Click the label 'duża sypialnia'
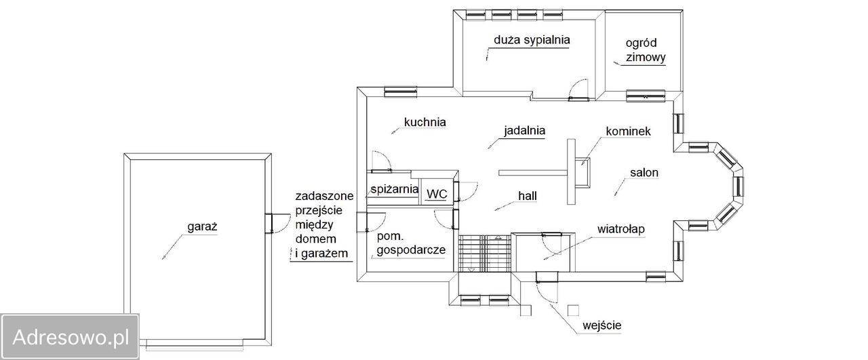pyautogui.click(x=532, y=40)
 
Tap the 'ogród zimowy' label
pyautogui.click(x=641, y=50)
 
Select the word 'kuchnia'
pyautogui.click(x=425, y=123)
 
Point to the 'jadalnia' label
pyautogui.click(x=525, y=129)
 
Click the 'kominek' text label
pyautogui.click(x=629, y=131)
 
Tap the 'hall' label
pyautogui.click(x=528, y=195)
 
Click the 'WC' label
pyautogui.click(x=437, y=194)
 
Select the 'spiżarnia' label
pyautogui.click(x=393, y=189)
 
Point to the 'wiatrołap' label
pyautogui.click(x=620, y=229)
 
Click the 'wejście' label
pyautogui.click(x=601, y=325)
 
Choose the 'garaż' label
pyautogui.click(x=201, y=228)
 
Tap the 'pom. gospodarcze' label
pyautogui.click(x=410, y=243)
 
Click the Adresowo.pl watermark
pyautogui.click(x=71, y=336)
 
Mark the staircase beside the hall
pyautogui.click(x=482, y=252)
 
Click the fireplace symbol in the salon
pyautogui.click(x=583, y=170)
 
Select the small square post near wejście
pyautogui.click(x=572, y=309)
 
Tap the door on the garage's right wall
pyautogui.click(x=269, y=223)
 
